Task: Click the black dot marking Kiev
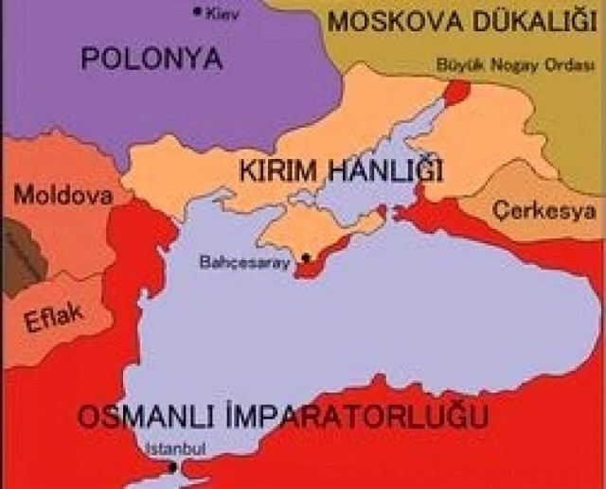click(x=197, y=11)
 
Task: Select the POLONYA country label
click(x=151, y=59)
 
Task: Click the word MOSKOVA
click(x=403, y=20)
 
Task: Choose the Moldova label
click(x=62, y=196)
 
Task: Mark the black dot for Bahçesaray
click(x=306, y=257)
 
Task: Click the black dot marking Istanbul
click(x=171, y=467)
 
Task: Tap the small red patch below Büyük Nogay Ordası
click(x=456, y=92)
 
